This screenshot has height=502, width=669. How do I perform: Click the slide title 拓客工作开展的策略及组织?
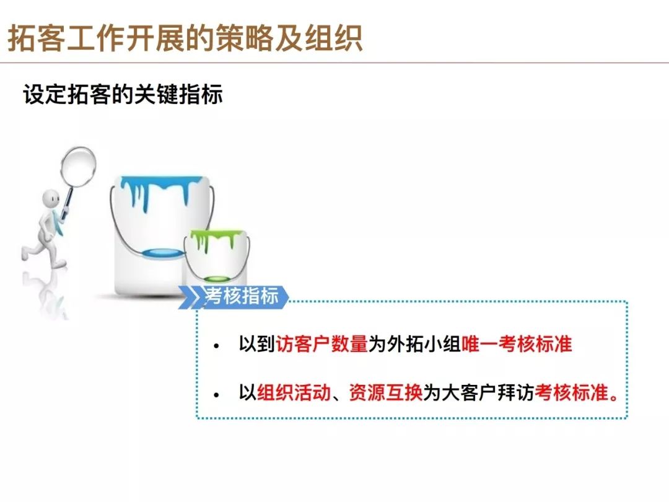pyautogui.click(x=185, y=39)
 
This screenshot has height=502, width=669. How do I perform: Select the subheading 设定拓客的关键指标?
pyautogui.click(x=123, y=94)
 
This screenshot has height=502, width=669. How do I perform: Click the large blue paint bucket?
pyautogui.click(x=161, y=235)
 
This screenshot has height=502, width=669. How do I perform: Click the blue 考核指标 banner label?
pyautogui.click(x=242, y=296)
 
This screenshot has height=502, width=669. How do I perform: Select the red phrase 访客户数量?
pyautogui.click(x=321, y=343)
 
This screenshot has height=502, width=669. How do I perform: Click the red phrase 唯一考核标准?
pyautogui.click(x=517, y=343)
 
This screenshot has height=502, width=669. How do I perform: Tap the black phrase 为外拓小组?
pyautogui.click(x=414, y=343)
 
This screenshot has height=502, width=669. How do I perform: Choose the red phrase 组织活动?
pyautogui.click(x=294, y=392)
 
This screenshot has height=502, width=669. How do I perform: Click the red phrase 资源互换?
pyautogui.click(x=386, y=392)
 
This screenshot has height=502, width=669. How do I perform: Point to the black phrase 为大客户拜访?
pyautogui.click(x=479, y=392)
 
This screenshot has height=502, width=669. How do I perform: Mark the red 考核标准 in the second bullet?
pyautogui.click(x=571, y=392)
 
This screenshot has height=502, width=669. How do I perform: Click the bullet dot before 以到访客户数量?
pyautogui.click(x=217, y=346)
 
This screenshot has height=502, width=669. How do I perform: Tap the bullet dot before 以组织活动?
pyautogui.click(x=217, y=395)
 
